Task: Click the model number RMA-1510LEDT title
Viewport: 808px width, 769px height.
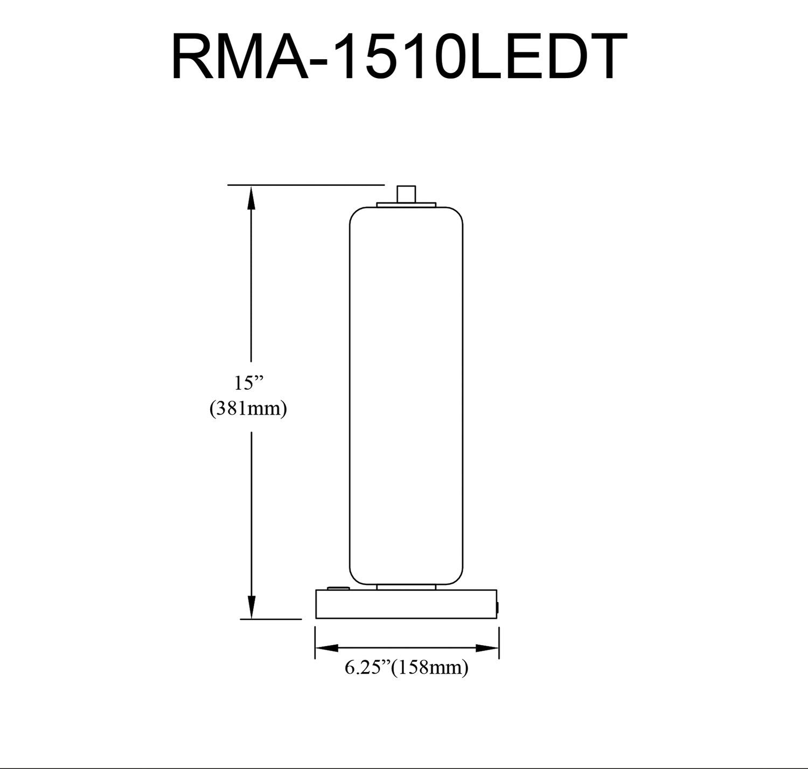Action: pyautogui.click(x=399, y=57)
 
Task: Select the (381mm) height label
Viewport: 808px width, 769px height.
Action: pyautogui.click(x=248, y=409)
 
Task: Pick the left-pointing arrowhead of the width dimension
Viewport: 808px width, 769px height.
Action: pyautogui.click(x=326, y=647)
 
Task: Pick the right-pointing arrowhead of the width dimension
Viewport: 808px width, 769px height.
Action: pyautogui.click(x=487, y=647)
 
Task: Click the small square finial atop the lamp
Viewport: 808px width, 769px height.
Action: pyautogui.click(x=406, y=194)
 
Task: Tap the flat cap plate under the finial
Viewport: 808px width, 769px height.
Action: pyautogui.click(x=406, y=205)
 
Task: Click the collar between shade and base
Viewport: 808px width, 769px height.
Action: pyautogui.click(x=406, y=587)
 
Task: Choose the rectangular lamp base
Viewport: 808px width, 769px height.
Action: pyautogui.click(x=406, y=604)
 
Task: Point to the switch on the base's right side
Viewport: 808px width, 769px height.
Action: pyautogui.click(x=498, y=607)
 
